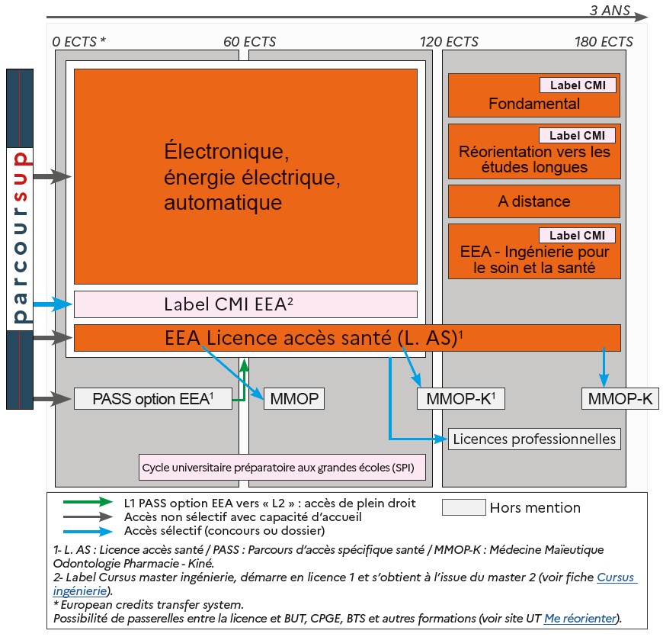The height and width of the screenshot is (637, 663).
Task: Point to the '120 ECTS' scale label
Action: point(449,41)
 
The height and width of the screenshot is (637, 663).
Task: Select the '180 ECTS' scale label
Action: point(604,41)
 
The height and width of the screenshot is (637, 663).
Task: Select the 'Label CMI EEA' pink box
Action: point(245,304)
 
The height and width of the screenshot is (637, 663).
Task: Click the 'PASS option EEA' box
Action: point(152,398)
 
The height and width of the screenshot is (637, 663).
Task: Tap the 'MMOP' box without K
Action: point(293,398)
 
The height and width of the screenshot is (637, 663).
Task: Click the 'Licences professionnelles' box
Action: point(533,439)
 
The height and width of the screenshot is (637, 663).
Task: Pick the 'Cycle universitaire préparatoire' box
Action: point(281,467)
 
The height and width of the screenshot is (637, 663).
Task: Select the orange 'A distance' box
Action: point(533,201)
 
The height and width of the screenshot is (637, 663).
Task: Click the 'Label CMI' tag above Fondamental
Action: point(577,85)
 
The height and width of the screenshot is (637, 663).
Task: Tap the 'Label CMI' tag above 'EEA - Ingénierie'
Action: point(577,235)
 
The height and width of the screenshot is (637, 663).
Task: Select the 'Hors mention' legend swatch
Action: point(463,507)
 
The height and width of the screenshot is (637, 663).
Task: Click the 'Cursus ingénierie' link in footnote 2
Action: point(616,577)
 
